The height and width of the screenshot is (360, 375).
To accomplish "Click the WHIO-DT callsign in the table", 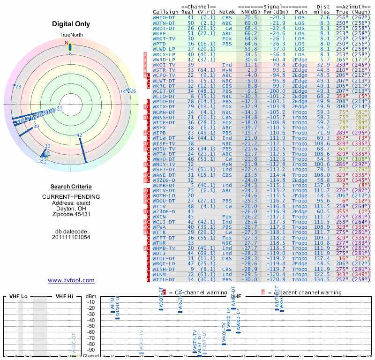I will pos(164,17).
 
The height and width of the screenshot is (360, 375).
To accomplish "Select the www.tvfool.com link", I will pos(71,280).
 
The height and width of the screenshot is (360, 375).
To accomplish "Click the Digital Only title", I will pos(71,24).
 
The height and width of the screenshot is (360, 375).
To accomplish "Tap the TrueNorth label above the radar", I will pos(71,35).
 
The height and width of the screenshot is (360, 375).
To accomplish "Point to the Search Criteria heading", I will pos(71,186).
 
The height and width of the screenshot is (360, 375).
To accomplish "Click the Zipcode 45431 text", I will pos(71,214).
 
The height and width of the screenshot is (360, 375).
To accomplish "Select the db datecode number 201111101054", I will pos(71,237).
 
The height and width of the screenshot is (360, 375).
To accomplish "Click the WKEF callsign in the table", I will pos(159,33).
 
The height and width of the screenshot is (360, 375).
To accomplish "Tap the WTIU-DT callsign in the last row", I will pos(164,279).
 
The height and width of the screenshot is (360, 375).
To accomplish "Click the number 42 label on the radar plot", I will pos(79,135).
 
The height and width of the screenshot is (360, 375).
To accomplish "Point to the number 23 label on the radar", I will pos(18,87).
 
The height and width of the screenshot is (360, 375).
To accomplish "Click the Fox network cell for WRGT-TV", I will pos(227,38).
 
